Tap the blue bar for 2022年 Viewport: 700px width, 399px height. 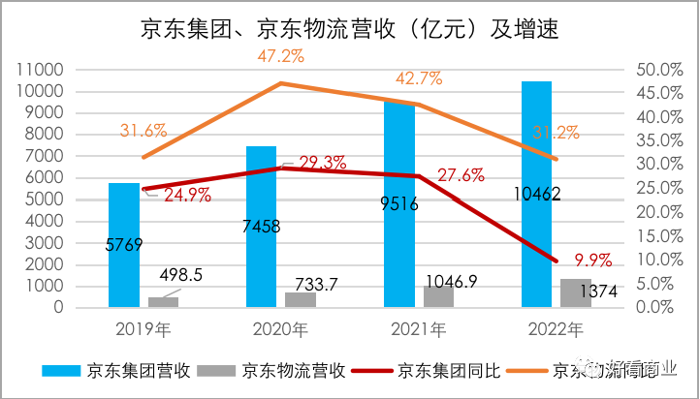536,194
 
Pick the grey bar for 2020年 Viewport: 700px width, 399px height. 301,299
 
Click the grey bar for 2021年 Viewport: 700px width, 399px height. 438,296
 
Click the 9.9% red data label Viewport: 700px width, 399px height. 593,260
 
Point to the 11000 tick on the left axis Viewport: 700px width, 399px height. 41,70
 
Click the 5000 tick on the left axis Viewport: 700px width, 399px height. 46,199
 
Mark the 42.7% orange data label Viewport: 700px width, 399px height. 418,77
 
